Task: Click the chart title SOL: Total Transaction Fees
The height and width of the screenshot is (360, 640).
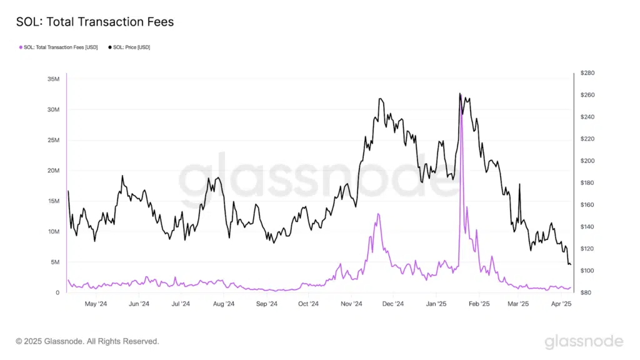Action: coord(95,22)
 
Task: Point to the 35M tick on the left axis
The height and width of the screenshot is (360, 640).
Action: coord(52,79)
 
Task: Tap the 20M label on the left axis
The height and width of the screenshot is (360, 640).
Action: coord(52,171)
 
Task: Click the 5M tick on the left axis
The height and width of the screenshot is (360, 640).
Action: coord(55,262)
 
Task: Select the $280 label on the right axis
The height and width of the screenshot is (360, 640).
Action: coord(587,73)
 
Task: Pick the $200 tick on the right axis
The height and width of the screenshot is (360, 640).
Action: coord(587,161)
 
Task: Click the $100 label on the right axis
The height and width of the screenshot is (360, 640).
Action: coord(587,271)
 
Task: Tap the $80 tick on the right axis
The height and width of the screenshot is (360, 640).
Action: coord(586,292)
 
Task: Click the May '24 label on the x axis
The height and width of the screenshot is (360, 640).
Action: coord(96,304)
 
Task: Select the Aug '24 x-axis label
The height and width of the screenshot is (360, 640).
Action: coord(223,304)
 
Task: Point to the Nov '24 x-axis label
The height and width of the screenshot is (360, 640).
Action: coord(352,304)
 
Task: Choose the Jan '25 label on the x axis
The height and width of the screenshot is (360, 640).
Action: coord(436,304)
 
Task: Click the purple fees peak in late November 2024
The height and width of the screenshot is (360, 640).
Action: coord(378,214)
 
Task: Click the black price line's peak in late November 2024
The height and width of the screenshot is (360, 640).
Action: coord(380,99)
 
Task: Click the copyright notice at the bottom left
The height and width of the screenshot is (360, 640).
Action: coord(87,341)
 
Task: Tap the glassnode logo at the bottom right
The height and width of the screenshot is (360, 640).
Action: coord(583,341)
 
